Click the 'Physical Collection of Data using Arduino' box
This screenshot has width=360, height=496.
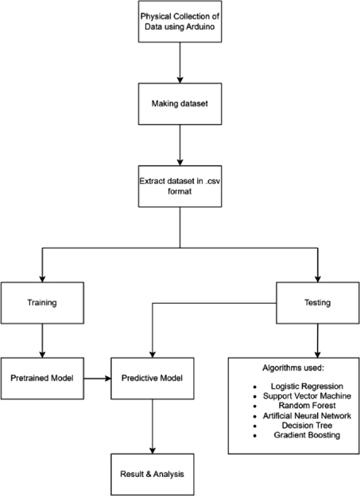pyautogui.click(x=180, y=21)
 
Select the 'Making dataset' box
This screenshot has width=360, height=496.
pyautogui.click(x=180, y=104)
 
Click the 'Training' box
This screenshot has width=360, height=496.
pyautogui.click(x=42, y=303)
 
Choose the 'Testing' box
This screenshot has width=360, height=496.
pyautogui.click(x=317, y=303)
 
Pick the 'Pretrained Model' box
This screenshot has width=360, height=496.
pyautogui.click(x=42, y=378)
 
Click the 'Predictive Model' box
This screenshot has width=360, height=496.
pyautogui.click(x=152, y=378)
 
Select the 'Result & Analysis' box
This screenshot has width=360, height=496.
pyautogui.click(x=152, y=474)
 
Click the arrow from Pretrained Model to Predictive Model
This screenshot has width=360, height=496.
pyautogui.click(x=97, y=378)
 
